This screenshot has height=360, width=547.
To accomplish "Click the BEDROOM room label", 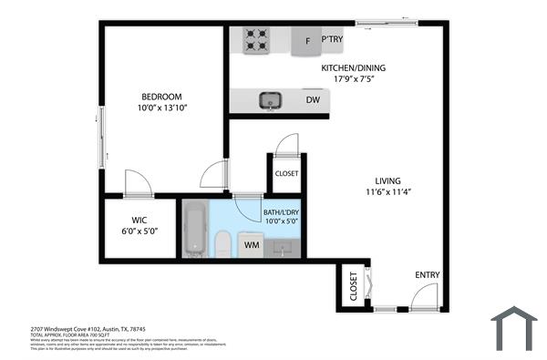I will (161, 98).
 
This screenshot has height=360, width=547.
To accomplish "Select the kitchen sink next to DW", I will (270, 100).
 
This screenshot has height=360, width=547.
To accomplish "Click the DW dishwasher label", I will (313, 100).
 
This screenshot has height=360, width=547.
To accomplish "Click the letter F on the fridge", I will (307, 41).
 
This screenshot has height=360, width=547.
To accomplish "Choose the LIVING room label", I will (387, 180).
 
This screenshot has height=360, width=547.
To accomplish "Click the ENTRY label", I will (428, 274).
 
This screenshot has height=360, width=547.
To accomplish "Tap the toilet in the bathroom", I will (222, 242).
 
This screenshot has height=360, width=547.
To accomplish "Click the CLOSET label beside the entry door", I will (354, 285).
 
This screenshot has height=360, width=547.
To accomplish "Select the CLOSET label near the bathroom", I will (286, 173).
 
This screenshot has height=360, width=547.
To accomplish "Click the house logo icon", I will (514, 327).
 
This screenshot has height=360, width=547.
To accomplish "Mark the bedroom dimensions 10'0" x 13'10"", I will (161, 109).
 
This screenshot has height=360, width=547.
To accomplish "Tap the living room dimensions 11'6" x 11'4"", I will (387, 192).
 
